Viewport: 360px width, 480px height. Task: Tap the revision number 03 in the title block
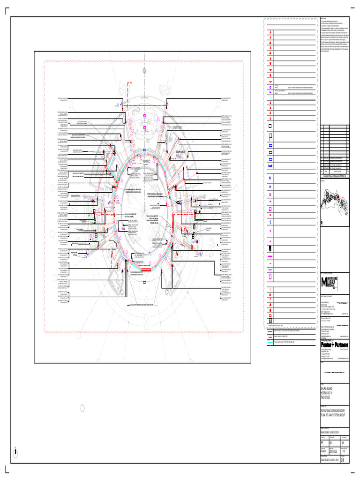343,460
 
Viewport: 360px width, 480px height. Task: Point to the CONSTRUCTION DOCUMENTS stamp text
333,175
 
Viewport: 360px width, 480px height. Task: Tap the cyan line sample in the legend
270,343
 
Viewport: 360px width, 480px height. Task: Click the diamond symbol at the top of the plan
145,69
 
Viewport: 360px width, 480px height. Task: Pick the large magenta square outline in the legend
270,277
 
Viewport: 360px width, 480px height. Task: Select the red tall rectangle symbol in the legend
270,137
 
